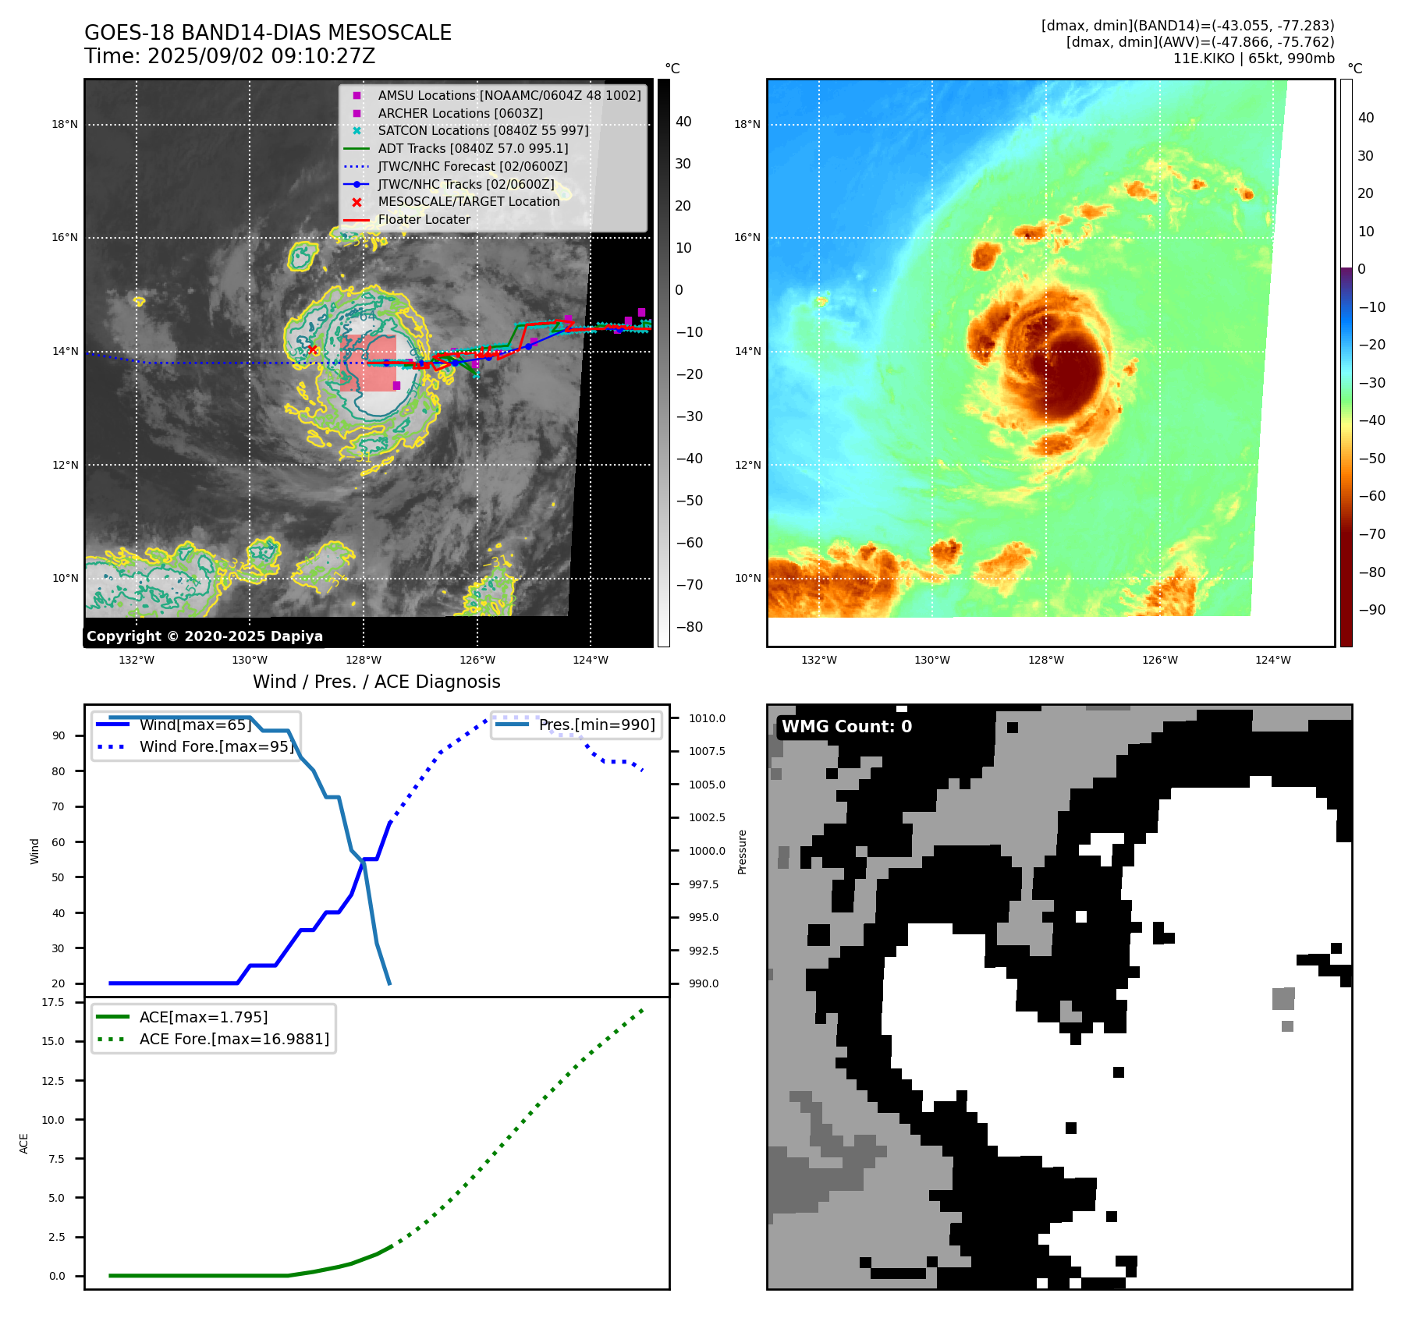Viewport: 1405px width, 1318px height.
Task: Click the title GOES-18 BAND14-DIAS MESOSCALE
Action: coord(268,33)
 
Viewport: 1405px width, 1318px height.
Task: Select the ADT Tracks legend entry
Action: coord(473,148)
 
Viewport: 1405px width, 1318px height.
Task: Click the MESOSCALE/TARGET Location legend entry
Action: coord(468,202)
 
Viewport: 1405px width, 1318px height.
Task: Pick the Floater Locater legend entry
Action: coord(424,220)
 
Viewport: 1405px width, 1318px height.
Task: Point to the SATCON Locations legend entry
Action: coord(483,131)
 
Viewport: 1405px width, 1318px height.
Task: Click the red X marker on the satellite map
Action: coord(313,350)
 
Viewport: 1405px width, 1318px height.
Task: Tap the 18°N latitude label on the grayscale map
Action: coord(65,124)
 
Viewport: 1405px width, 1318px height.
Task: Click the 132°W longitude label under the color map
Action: coord(818,660)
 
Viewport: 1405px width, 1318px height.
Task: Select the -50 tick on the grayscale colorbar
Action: coord(689,501)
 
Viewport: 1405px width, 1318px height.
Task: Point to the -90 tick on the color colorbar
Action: coord(1371,610)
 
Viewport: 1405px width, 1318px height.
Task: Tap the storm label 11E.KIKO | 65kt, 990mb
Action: coord(1254,58)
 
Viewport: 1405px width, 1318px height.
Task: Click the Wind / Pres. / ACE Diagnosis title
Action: coord(376,682)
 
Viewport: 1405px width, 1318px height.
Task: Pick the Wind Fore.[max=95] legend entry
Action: coord(216,746)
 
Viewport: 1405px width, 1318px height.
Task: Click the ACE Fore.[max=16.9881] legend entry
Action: coord(234,1039)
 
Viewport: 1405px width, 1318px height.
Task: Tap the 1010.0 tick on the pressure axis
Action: coord(707,718)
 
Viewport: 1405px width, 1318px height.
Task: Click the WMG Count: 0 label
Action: coord(846,727)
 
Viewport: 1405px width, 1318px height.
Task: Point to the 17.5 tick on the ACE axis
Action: coord(53,1002)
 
